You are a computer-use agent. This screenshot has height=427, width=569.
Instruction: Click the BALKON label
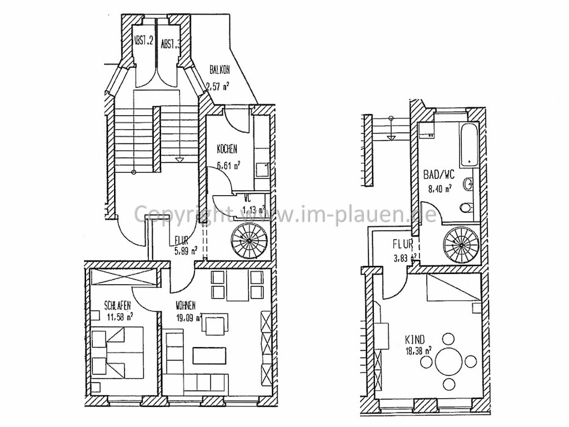pos(220,70)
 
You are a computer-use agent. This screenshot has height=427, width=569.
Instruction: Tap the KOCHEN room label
pos(227,149)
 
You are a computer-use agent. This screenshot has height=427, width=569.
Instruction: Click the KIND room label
pos(415,339)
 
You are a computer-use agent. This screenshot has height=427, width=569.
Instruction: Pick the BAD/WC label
pos(438,175)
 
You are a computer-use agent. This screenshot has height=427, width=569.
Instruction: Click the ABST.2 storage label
pos(142,43)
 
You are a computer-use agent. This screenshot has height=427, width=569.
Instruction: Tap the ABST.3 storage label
pos(170,44)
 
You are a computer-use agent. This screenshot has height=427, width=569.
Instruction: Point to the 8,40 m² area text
pos(438,188)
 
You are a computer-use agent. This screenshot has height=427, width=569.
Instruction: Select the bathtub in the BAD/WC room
pos(469,144)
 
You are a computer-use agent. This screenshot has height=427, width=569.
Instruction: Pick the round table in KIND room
pos(449,362)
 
